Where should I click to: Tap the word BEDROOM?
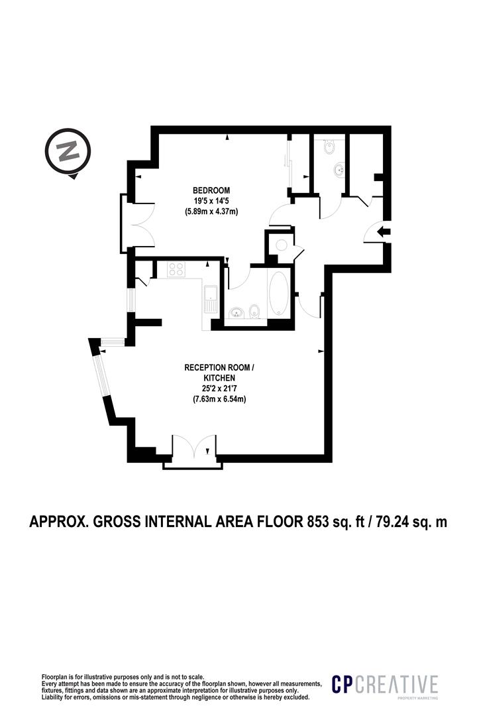click(211, 189)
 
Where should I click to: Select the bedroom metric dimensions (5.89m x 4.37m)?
click(211, 211)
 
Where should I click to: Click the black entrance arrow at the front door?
click(384, 231)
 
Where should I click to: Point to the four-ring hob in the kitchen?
click(177, 269)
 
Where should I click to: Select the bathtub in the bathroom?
click(279, 294)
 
